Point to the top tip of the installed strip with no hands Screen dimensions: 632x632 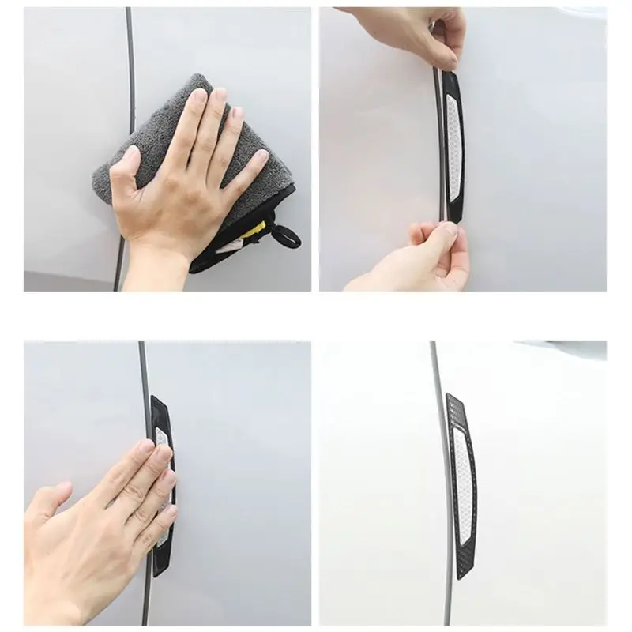pyautogui.click(x=449, y=395)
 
